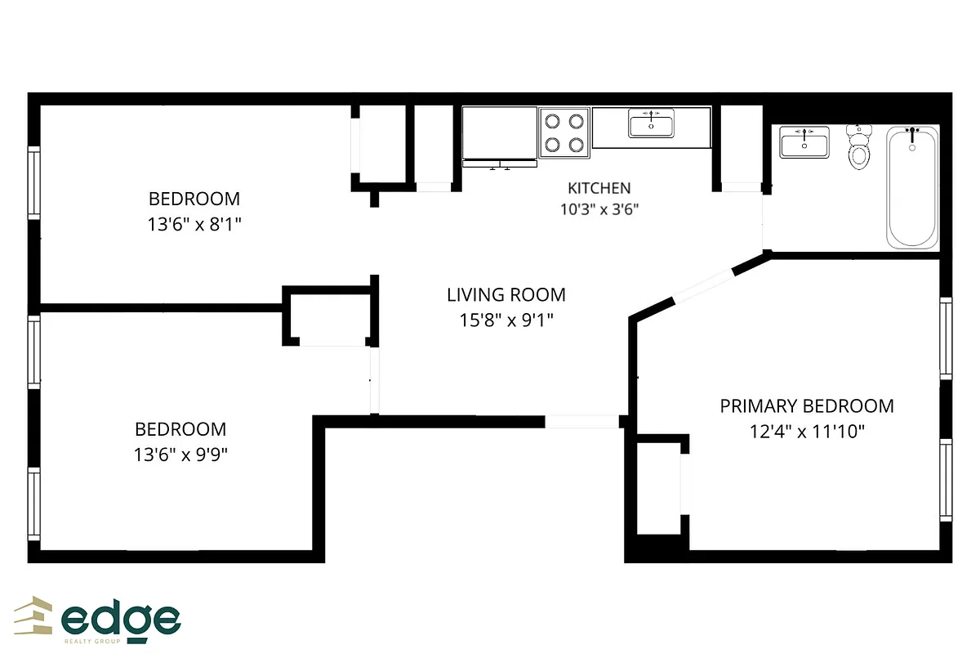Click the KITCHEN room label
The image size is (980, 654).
point(599,188)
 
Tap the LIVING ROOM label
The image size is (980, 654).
point(506,295)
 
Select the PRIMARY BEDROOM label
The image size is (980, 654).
point(806,406)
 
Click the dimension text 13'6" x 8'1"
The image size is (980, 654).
point(194,223)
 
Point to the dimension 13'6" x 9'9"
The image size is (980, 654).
point(180,454)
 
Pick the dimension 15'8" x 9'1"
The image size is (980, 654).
point(506,320)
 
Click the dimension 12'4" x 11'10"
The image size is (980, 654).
point(807,431)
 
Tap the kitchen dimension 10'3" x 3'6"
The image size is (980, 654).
point(599,209)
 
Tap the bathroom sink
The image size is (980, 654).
point(804,142)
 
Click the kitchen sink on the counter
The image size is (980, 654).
point(652,124)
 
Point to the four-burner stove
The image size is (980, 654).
point(564,133)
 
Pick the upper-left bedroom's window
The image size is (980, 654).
point(34,181)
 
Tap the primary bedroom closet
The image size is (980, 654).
point(657,488)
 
